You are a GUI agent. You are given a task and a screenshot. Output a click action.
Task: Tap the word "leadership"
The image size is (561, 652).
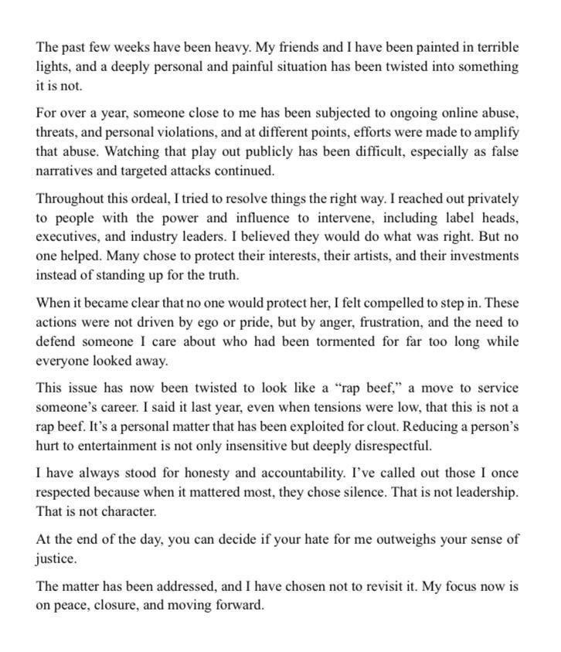483,492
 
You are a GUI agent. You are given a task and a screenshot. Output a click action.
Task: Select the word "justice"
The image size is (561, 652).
56,558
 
